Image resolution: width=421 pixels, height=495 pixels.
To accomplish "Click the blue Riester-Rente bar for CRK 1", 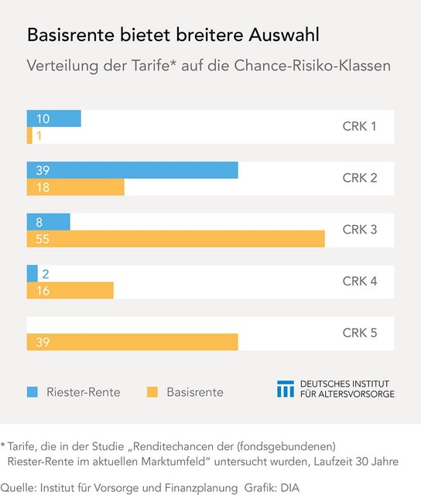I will [x=53, y=118].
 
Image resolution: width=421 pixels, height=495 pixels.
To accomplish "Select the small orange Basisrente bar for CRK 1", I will [x=29, y=135].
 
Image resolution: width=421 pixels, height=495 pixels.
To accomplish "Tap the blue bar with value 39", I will [x=132, y=170].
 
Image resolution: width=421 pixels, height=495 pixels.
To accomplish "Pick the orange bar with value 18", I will [x=75, y=187].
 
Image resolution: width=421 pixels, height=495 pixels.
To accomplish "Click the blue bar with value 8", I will [x=48, y=222].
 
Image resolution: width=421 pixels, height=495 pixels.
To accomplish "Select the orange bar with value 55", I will [x=176, y=239].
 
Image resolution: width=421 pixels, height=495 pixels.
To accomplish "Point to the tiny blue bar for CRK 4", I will [x=32, y=273].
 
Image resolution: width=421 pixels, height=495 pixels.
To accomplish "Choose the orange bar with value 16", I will [x=70, y=290].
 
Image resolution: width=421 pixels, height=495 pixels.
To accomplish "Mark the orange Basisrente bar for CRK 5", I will [x=132, y=342].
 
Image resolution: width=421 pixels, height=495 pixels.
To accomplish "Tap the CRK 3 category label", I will [x=359, y=230].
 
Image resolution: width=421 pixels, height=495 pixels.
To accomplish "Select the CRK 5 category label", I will [x=359, y=333].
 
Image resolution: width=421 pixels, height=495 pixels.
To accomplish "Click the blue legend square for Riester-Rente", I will [x=33, y=392].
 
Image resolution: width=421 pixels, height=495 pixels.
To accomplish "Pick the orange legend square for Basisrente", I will [x=152, y=392].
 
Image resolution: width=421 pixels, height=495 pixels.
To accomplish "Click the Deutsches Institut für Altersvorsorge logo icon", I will [x=286, y=389].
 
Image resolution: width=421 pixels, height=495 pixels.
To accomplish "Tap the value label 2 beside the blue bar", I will [x=45, y=273].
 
